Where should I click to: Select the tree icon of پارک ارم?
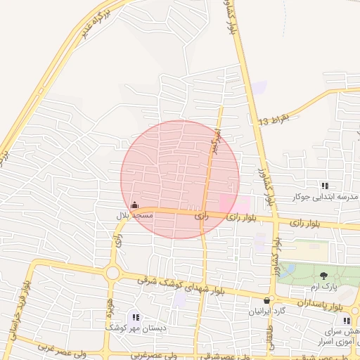pyautogui.click(x=323, y=276)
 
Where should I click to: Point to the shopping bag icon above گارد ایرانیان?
pyautogui.click(x=266, y=300)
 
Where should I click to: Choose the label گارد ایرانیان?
pyautogui.click(x=270, y=311)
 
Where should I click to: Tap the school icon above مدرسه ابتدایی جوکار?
pyautogui.click(x=325, y=186)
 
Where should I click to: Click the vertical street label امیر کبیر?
pyautogui.click(x=216, y=143)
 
